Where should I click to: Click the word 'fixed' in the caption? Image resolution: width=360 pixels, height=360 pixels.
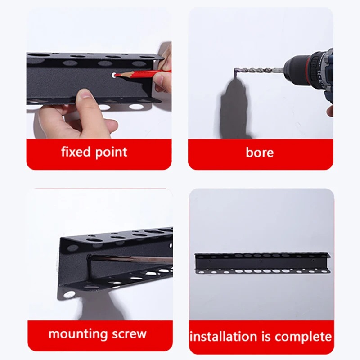[x=76, y=152]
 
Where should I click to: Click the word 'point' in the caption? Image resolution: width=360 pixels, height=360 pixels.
[x=111, y=153]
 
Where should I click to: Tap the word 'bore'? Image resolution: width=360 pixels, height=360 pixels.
[x=260, y=153]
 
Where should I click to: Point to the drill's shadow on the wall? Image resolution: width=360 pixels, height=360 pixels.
[x=233, y=108]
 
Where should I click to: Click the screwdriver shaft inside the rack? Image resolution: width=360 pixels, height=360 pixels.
[x=130, y=259]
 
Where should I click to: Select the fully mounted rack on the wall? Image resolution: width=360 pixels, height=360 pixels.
[x=262, y=263]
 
